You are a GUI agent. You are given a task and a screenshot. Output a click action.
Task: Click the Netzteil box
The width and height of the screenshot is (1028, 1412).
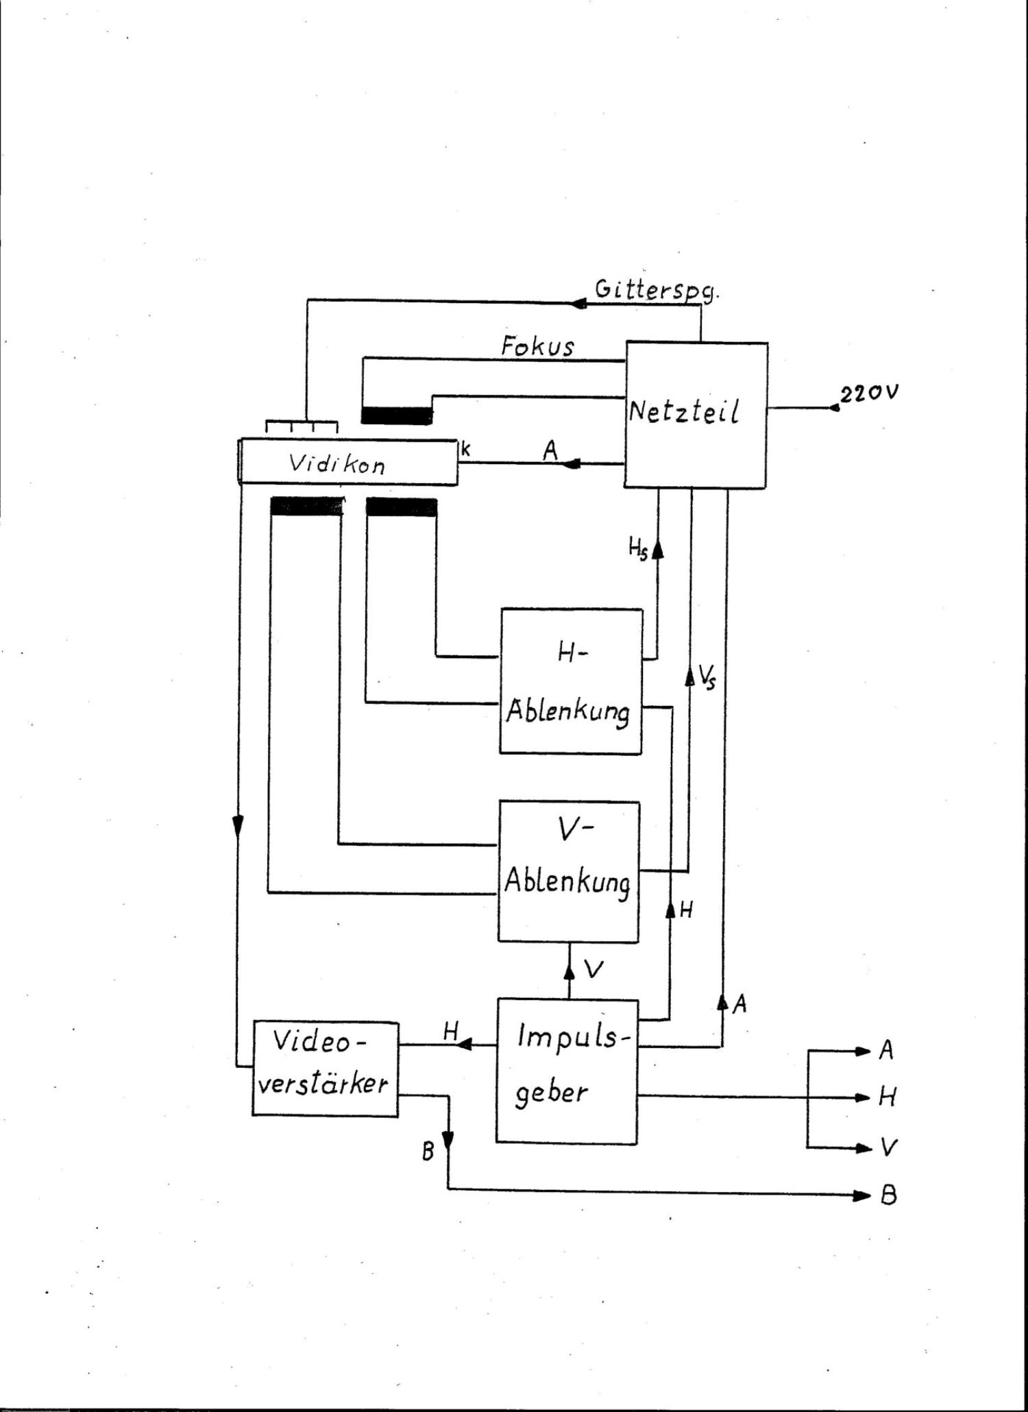[x=695, y=415]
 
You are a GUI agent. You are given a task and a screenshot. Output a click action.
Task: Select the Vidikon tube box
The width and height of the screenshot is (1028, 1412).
[x=347, y=463]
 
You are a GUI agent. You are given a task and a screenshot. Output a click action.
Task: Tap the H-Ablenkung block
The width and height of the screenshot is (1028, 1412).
[x=570, y=681]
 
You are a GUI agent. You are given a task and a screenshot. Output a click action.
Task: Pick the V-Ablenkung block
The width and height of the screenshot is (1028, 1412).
[x=569, y=871]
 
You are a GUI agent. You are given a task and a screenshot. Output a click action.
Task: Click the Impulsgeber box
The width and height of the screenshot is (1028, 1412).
[x=567, y=1071]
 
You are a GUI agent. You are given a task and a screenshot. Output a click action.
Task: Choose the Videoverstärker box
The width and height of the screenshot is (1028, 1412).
[x=325, y=1068]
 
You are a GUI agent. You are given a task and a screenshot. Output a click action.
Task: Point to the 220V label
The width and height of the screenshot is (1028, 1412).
[x=869, y=393]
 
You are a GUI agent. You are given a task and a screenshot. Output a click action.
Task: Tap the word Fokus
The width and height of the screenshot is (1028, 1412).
[x=537, y=346]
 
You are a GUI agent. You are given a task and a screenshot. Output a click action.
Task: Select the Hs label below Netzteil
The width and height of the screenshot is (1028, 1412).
[x=638, y=548]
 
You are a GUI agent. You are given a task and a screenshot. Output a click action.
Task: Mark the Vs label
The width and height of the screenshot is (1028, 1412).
[x=707, y=678]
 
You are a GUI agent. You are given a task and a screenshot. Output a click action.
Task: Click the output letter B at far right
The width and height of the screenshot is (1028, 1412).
[x=888, y=1196]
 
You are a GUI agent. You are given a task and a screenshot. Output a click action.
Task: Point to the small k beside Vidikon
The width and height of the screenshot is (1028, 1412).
[x=466, y=450]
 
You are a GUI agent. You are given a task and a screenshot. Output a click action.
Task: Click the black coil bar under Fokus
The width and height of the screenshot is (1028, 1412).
[x=397, y=415]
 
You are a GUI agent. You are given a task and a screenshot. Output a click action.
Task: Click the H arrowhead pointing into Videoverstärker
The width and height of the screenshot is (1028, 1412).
[x=464, y=1045]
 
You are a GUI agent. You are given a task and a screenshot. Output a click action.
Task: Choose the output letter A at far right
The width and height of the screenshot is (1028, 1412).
[x=886, y=1050]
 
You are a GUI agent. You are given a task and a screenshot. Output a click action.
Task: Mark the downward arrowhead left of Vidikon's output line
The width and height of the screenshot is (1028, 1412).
[x=238, y=827]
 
